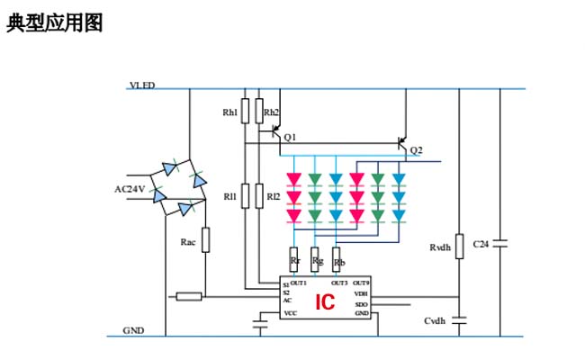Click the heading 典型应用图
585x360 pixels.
(54, 23)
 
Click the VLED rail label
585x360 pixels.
(142, 85)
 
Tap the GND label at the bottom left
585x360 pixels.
(134, 330)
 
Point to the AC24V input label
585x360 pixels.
(130, 189)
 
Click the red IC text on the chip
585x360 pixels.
(324, 302)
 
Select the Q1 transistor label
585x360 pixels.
(289, 137)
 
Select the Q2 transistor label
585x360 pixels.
(415, 149)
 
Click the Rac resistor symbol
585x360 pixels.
(205, 240)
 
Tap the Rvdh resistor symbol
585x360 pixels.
(459, 247)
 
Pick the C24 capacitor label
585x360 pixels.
(481, 244)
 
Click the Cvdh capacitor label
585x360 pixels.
(436, 321)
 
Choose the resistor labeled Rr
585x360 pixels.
(294, 259)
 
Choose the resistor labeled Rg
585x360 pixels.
(316, 259)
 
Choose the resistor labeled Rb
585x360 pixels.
(337, 259)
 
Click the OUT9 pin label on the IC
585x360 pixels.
(360, 283)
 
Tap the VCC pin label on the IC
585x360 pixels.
(290, 313)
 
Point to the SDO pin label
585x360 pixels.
(361, 304)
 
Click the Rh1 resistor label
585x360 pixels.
(230, 112)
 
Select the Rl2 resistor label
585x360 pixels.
(272, 196)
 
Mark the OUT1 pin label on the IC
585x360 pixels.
(299, 283)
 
